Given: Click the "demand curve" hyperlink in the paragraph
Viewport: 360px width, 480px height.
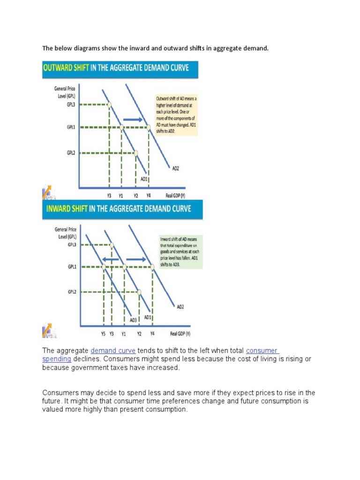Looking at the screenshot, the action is [x=113, y=351].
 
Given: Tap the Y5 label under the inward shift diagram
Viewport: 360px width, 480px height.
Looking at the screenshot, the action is [x=103, y=334].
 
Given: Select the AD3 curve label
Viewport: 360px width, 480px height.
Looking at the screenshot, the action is [x=134, y=320].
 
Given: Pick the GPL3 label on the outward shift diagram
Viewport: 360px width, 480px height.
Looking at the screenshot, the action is [x=71, y=105].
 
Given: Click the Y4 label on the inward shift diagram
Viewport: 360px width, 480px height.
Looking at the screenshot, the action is [x=152, y=334].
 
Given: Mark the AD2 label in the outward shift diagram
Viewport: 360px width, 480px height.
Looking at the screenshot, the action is [x=174, y=169].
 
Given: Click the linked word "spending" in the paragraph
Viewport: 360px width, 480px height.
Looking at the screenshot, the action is [x=57, y=359].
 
